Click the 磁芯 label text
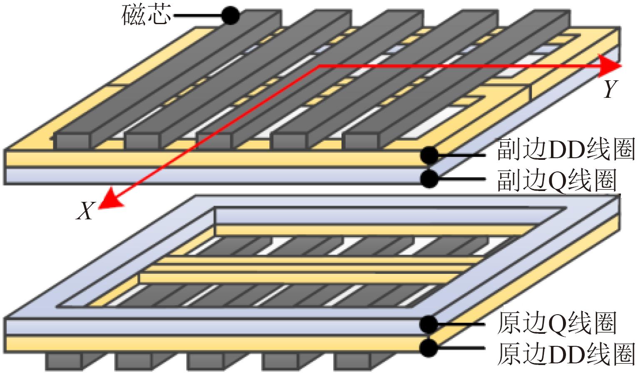146,16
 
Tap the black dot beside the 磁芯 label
230,16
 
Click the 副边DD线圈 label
566,150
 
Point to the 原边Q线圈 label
556,323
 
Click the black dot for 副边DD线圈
429,155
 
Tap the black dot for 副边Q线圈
429,179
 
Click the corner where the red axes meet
319,66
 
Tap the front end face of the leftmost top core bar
73,142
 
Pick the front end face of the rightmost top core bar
362,142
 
